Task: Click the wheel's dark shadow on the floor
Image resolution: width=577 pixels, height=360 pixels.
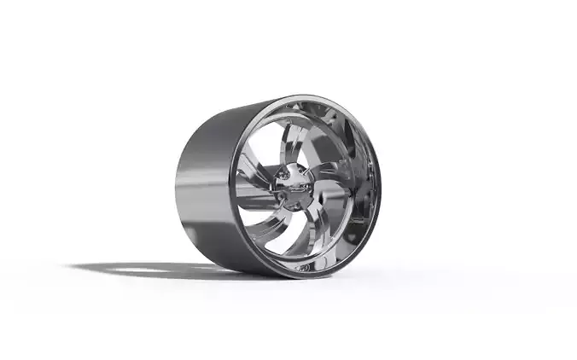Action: click(171, 271)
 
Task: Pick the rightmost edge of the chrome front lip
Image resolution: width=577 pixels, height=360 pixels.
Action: click(381, 183)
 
